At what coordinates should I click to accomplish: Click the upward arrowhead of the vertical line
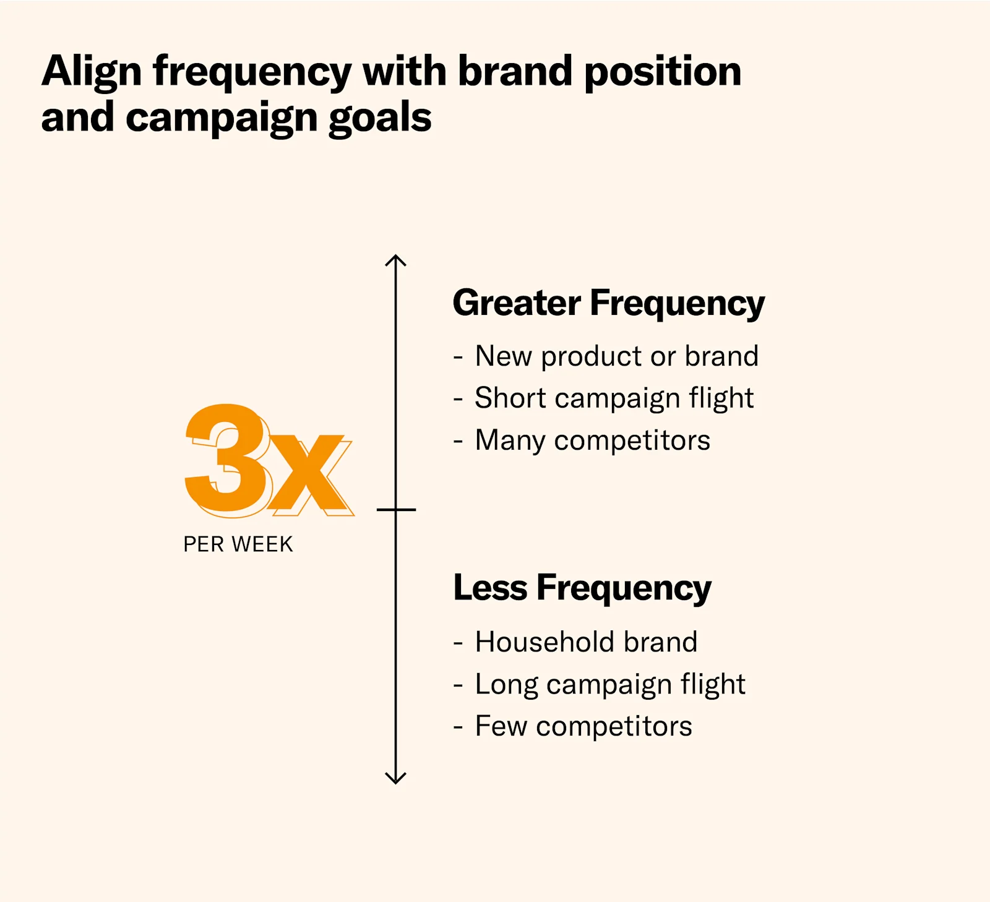pyautogui.click(x=396, y=260)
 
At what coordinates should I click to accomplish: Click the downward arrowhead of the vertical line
pyautogui.click(x=396, y=778)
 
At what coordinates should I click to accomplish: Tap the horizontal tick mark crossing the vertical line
pyautogui.click(x=396, y=510)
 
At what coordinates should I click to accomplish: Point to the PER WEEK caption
pyautogui.click(x=238, y=544)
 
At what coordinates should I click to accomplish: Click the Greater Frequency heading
pyautogui.click(x=609, y=303)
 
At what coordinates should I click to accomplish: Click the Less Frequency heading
pyautogui.click(x=582, y=588)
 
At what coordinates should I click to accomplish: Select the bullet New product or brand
pyautogui.click(x=616, y=357)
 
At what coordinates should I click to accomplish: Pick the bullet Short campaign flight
pyautogui.click(x=614, y=398)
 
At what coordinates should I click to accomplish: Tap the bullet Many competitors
pyautogui.click(x=592, y=440)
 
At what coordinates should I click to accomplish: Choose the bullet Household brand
pyautogui.click(x=586, y=642)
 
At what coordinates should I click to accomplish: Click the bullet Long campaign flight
pyautogui.click(x=610, y=684)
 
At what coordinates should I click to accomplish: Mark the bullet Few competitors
pyautogui.click(x=583, y=726)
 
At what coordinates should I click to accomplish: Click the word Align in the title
pyautogui.click(x=92, y=72)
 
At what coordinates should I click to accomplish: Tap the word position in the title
pyautogui.click(x=662, y=72)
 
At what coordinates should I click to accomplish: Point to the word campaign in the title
pyautogui.click(x=222, y=118)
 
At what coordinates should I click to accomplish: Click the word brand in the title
pyautogui.click(x=515, y=72)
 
